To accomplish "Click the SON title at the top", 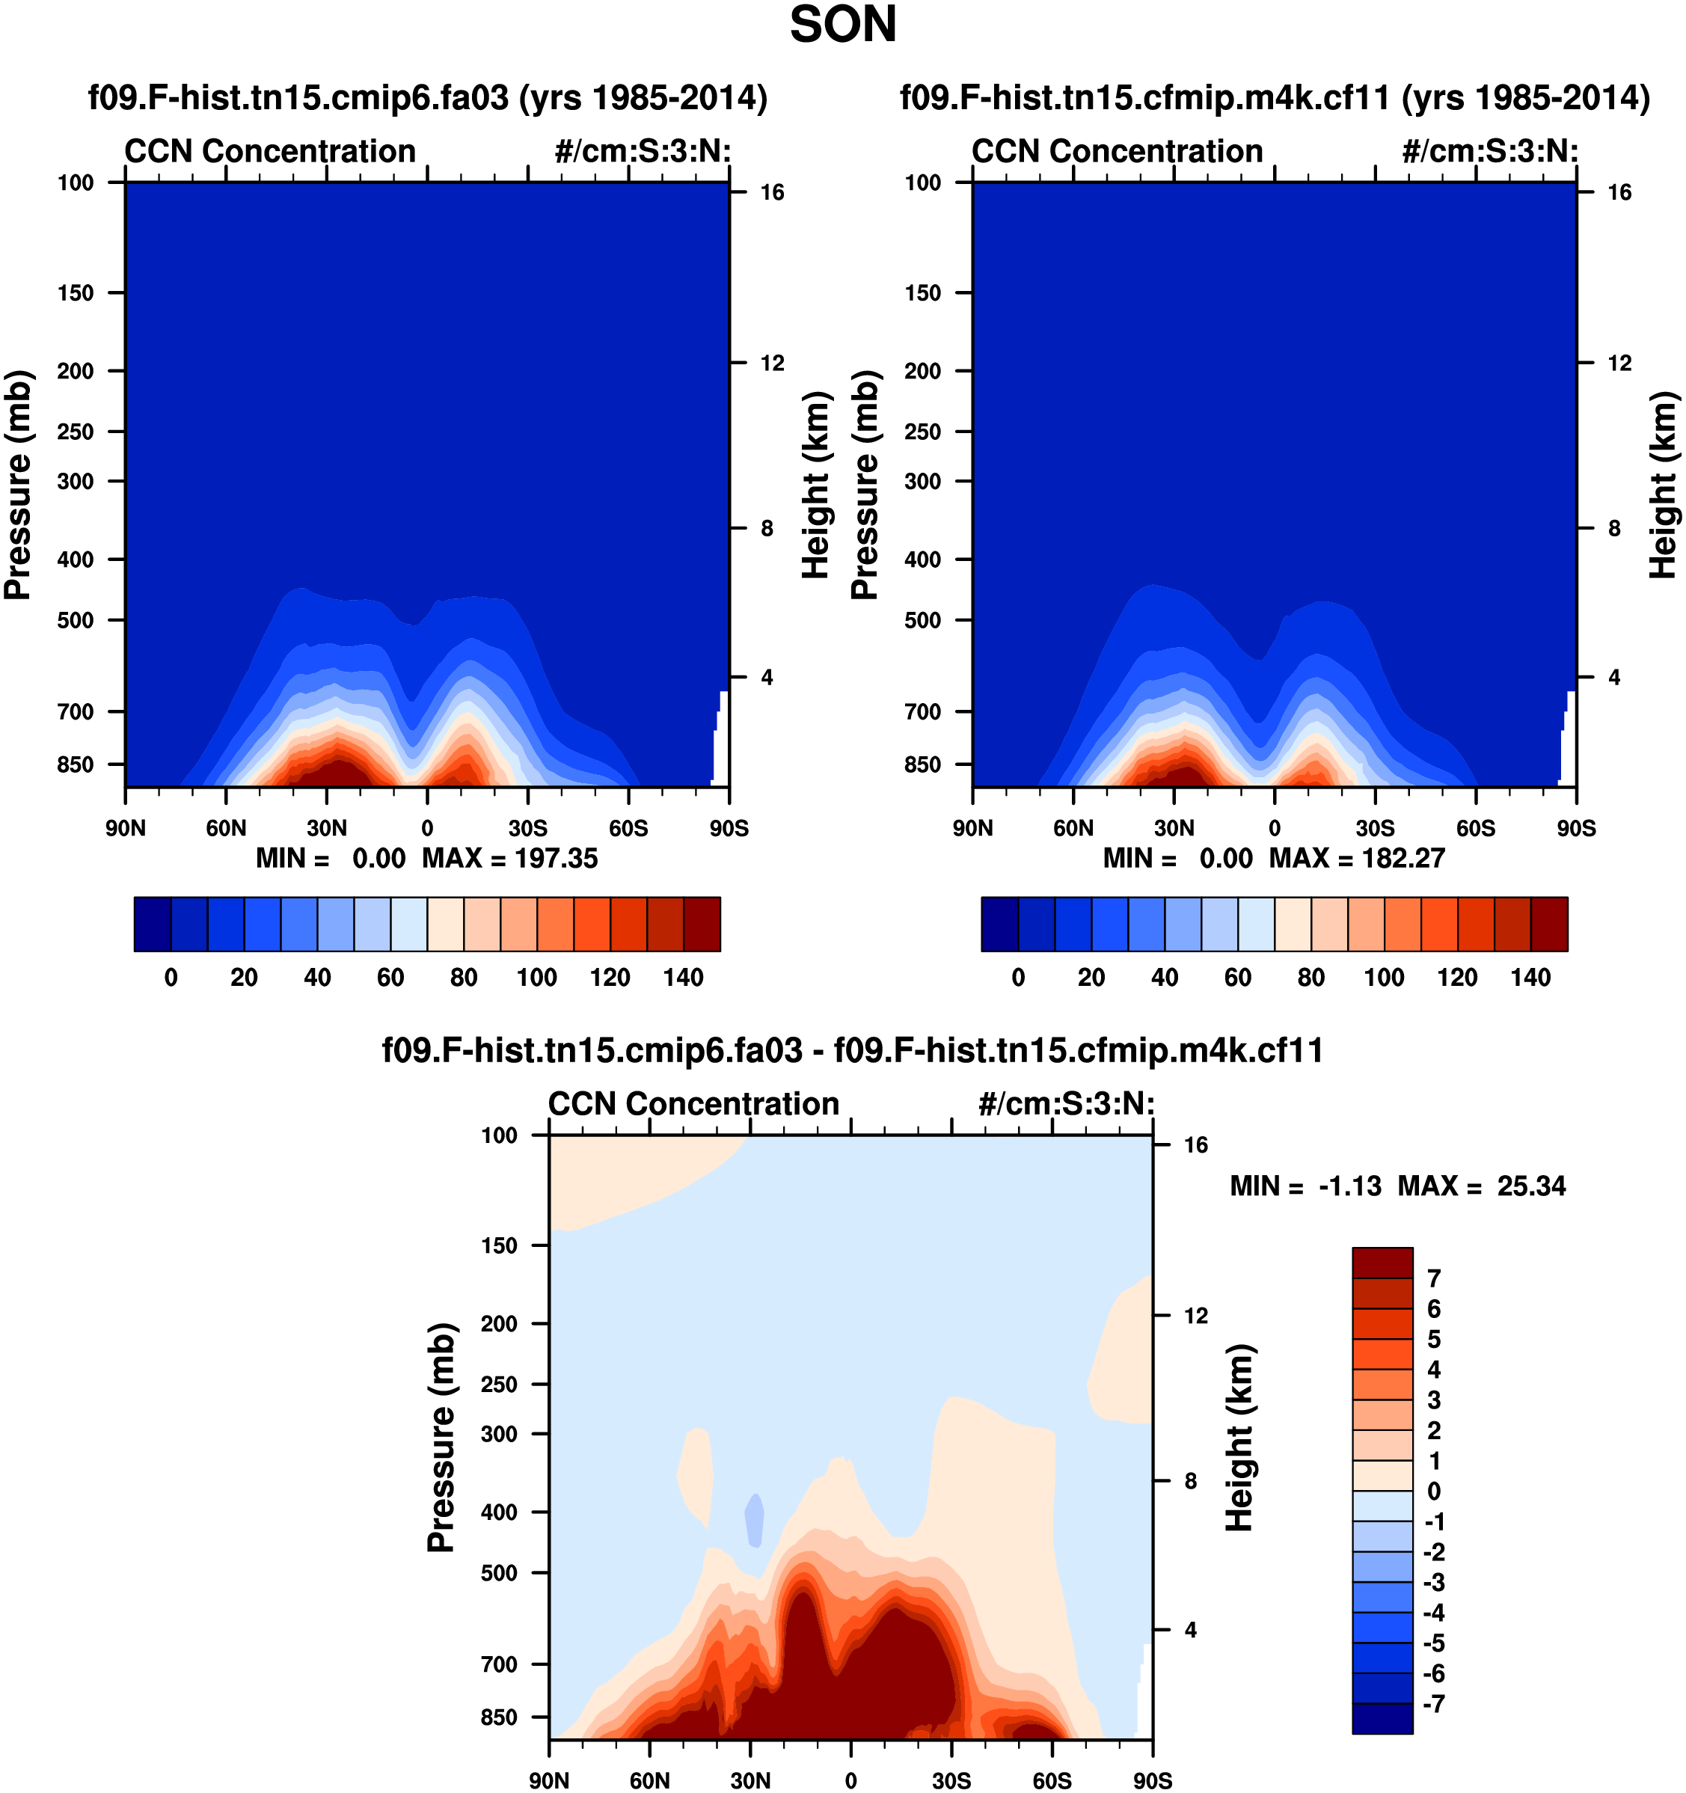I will (842, 25).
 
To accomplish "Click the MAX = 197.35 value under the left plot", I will (509, 858).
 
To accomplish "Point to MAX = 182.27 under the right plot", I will (1357, 858).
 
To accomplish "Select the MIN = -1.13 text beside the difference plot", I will (1305, 1186).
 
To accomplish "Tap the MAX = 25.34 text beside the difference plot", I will (1482, 1186).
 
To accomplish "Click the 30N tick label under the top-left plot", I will (327, 828).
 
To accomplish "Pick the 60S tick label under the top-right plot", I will (1476, 828).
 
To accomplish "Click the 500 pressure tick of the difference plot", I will (500, 1573).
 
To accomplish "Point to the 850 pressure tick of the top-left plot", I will (76, 764).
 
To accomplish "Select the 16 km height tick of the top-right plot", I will (1619, 192).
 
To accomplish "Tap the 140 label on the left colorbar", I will (683, 978).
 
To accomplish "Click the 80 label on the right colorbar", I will (1311, 978).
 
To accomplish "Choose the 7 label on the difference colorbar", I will (1433, 1278).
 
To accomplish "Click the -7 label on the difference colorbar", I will (1432, 1704).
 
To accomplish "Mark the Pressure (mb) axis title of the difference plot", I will (441, 1438).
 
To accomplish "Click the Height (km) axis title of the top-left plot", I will (815, 485).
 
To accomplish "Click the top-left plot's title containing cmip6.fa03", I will (428, 97).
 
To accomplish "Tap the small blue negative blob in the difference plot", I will (754, 1518).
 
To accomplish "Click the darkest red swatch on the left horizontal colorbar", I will (702, 924).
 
